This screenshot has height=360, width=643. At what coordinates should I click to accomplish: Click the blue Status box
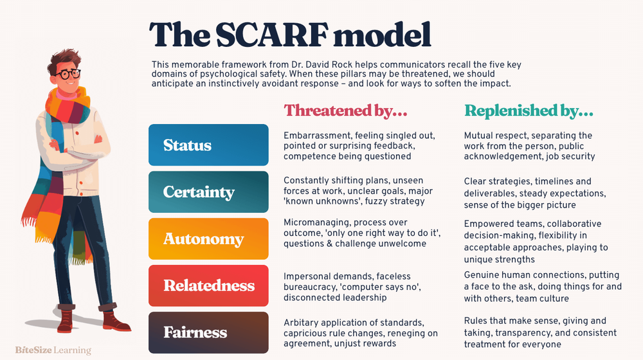[208, 145]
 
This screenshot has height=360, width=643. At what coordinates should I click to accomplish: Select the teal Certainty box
[208, 192]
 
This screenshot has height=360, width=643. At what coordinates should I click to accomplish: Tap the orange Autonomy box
[208, 239]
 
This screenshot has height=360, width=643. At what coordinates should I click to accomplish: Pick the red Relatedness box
[208, 285]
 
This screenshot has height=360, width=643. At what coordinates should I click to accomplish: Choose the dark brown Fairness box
[208, 332]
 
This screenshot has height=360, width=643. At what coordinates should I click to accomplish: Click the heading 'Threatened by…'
[346, 111]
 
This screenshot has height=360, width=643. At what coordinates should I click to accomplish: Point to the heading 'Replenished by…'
[529, 111]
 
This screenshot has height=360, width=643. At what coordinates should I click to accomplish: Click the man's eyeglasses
[66, 74]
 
